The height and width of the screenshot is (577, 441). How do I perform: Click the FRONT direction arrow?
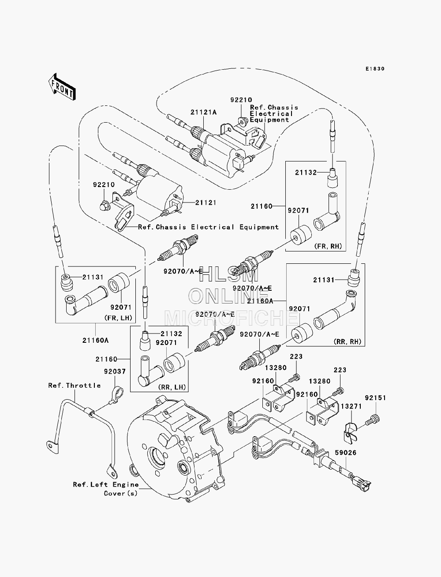point(62,87)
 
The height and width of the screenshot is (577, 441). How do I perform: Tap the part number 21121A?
point(203,112)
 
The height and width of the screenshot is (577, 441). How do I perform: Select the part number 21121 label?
point(206,202)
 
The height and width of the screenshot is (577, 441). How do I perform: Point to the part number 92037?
point(115,371)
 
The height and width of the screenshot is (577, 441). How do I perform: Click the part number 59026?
point(346,453)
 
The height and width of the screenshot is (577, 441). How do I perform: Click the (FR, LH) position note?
point(118,318)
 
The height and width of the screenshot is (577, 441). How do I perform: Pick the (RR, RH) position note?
point(348,342)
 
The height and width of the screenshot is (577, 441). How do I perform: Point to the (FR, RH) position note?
point(328,246)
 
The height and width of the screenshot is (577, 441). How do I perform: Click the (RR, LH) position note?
point(172,387)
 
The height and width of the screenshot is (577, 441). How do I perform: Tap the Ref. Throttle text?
point(75,386)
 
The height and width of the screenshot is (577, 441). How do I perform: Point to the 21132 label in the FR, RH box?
point(306,172)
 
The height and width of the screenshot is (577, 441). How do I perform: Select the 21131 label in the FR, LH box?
point(93,277)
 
